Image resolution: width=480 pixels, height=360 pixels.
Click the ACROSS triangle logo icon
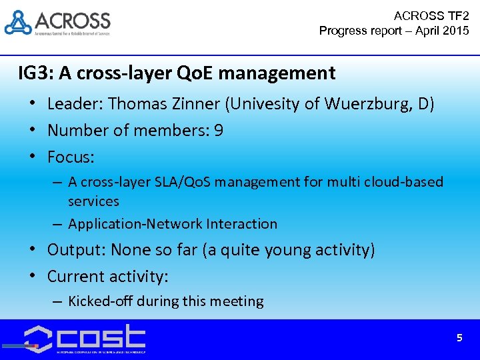pyautogui.click(x=18, y=23)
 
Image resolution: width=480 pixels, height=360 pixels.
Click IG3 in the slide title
pyautogui.click(x=33, y=72)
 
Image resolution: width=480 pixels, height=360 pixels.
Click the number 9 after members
pyautogui.click(x=219, y=131)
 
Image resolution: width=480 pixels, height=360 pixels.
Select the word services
pyautogui.click(x=93, y=201)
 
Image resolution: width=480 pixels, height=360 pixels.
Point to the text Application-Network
pyautogui.click(x=135, y=224)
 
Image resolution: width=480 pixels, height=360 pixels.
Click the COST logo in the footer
pyautogui.click(x=85, y=337)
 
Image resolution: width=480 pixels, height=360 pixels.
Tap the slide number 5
pyautogui.click(x=459, y=338)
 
